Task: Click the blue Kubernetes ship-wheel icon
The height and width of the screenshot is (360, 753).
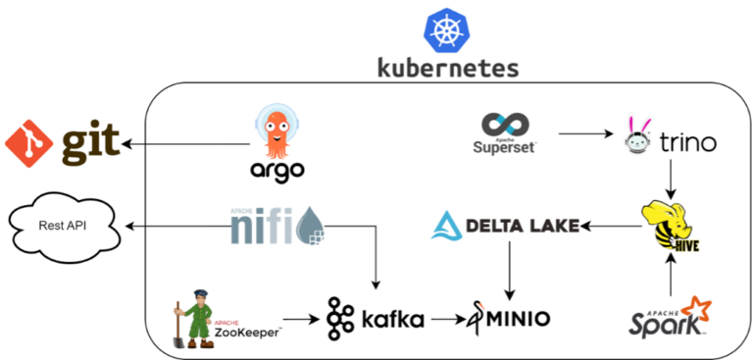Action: click(x=446, y=29)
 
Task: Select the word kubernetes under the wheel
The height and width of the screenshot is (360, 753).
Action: click(x=447, y=68)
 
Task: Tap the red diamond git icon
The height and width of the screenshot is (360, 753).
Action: click(x=29, y=143)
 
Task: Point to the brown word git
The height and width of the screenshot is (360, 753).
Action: click(x=91, y=143)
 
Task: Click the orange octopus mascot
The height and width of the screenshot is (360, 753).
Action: click(x=276, y=131)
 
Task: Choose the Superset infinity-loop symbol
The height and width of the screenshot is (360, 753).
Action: click(x=505, y=125)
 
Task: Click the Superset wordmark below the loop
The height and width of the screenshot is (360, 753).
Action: click(x=505, y=148)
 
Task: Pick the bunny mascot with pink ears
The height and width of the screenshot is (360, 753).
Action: click(x=638, y=133)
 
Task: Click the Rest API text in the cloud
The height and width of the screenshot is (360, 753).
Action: click(x=63, y=226)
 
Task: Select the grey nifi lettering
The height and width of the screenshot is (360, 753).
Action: click(x=262, y=226)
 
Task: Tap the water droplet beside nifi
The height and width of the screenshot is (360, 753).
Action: click(x=311, y=226)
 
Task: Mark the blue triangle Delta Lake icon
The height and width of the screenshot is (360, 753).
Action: click(x=446, y=227)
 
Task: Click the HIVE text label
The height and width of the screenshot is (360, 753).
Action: click(x=686, y=246)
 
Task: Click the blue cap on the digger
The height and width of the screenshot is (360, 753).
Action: click(x=200, y=292)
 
